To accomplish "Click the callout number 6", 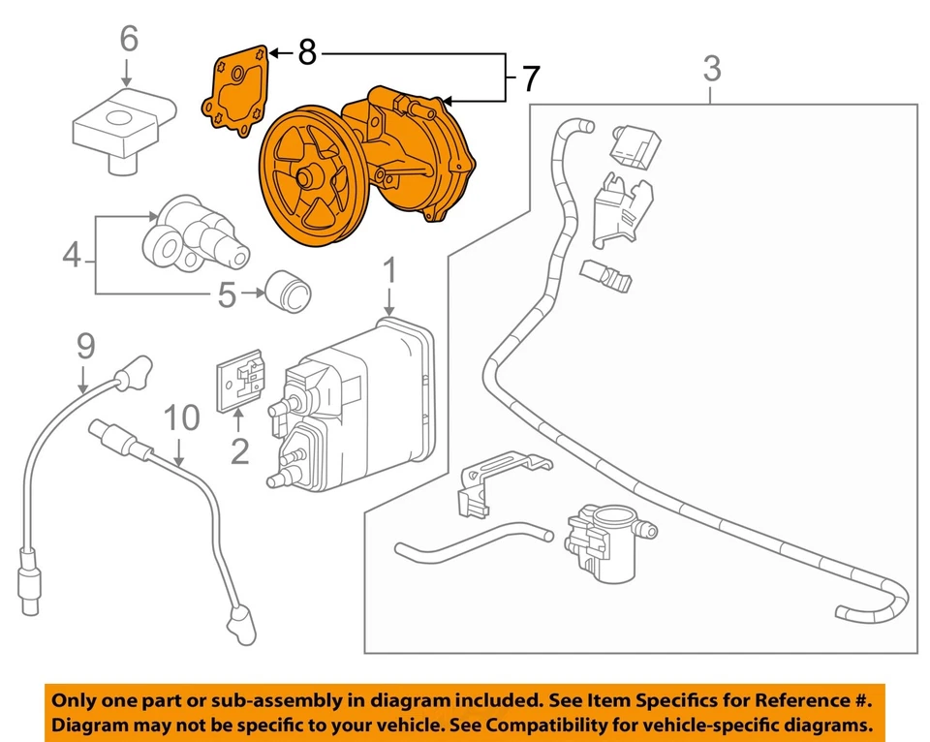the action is [129, 39].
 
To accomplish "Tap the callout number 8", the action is [307, 52].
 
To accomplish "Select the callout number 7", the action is [531, 78].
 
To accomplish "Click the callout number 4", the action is [72, 256].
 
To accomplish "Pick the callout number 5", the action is [227, 294].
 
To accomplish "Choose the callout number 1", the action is [389, 270].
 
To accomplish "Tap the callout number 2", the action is [239, 451].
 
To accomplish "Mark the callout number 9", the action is [85, 346].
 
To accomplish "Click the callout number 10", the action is [181, 417].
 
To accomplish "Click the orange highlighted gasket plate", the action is [236, 90].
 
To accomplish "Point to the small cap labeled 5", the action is [289, 292].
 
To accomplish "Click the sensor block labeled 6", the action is [124, 129].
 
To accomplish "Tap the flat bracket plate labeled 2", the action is [239, 380].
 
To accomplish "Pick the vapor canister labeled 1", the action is [353, 406].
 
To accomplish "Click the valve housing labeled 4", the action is [195, 232].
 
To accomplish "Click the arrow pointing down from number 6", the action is [126, 73].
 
